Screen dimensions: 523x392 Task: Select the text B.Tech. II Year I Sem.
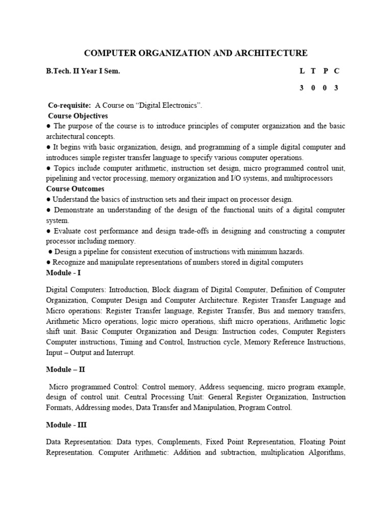click(x=83, y=72)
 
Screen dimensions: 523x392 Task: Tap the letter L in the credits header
click(x=302, y=72)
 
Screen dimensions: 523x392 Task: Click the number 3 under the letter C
click(x=336, y=88)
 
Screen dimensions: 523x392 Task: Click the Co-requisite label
click(x=69, y=105)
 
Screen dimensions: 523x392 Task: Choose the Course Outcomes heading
click(x=75, y=189)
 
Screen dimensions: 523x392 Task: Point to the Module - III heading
click(x=66, y=425)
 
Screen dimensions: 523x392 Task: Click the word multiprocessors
click(x=309, y=178)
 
